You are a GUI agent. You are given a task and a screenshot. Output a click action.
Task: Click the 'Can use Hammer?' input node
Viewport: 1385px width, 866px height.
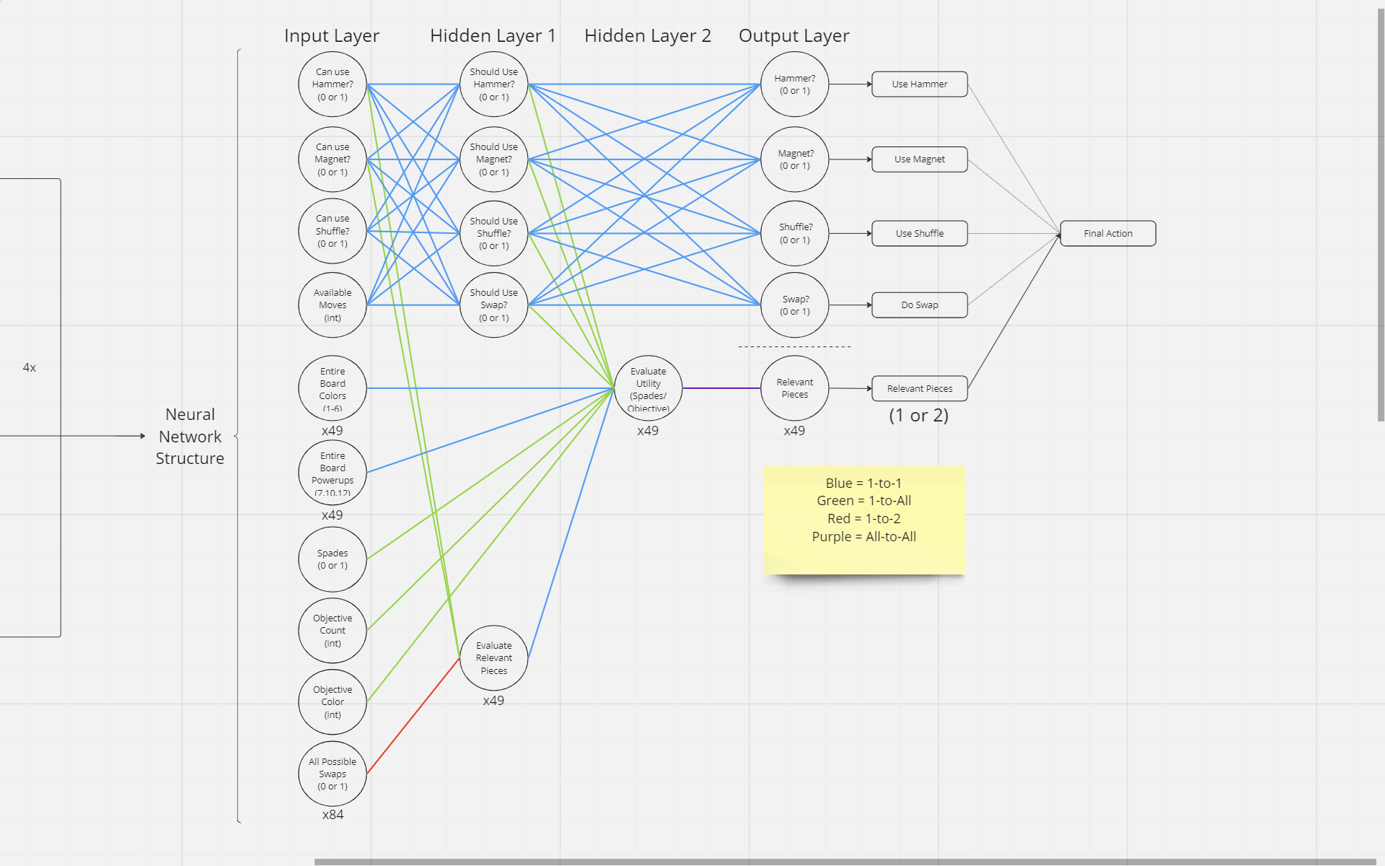tap(333, 84)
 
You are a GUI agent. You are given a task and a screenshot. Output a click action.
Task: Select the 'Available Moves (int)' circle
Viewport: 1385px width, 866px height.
tap(333, 305)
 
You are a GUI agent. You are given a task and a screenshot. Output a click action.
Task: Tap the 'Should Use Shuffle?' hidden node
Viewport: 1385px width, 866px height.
tap(494, 234)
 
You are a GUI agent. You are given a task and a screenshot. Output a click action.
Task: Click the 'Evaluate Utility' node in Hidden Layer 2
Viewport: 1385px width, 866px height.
tap(648, 389)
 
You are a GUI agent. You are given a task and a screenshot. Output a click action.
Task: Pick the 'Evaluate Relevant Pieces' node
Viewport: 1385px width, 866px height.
tap(494, 658)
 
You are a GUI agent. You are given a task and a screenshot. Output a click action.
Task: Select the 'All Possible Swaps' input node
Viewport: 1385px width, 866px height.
tap(333, 774)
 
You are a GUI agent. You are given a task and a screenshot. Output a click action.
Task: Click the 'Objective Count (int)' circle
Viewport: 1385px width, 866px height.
tap(333, 631)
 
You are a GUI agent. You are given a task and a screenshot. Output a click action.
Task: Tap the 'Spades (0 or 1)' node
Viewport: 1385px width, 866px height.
tap(333, 559)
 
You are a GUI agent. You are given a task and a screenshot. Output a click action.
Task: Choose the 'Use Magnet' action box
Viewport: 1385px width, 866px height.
tap(920, 159)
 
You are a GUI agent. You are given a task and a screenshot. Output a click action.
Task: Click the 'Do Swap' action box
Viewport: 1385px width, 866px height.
tap(920, 305)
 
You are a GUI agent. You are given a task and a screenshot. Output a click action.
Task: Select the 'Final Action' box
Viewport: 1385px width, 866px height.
tap(1108, 234)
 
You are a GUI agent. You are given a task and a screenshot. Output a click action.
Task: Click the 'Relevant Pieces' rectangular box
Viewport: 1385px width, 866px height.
tap(920, 389)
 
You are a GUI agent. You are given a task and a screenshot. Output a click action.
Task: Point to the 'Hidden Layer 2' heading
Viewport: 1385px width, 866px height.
tap(648, 36)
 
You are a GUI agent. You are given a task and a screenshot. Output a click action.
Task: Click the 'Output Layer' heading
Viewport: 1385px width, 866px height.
tap(794, 36)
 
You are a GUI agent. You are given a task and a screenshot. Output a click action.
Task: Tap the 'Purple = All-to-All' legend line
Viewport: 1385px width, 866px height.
tap(864, 537)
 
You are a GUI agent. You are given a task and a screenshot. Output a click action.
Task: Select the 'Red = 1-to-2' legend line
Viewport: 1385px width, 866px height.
tap(864, 519)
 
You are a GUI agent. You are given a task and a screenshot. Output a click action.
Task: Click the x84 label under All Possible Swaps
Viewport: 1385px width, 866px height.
tap(333, 815)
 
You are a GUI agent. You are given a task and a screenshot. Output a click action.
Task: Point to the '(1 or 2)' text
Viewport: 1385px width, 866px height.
tap(919, 416)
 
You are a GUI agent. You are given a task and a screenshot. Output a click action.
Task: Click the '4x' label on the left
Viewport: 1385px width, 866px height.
tap(30, 368)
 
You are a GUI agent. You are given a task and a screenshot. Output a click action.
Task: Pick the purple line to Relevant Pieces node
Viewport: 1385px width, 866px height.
tap(721, 388)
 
